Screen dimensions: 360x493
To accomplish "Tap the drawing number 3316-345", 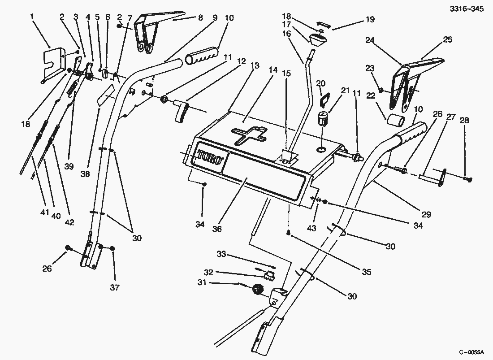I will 468,9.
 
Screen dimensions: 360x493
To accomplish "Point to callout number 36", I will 217,229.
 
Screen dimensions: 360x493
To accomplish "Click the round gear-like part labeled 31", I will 257,290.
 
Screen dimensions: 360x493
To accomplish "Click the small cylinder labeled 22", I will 396,121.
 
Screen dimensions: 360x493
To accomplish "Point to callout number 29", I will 426,215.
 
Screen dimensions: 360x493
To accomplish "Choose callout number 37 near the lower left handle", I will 115,287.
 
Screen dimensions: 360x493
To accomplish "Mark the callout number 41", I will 43,213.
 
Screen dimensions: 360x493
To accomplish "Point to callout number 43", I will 311,228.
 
